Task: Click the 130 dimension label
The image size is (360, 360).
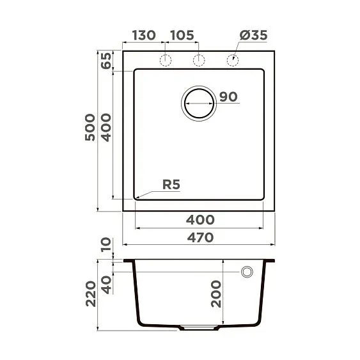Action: click(x=143, y=35)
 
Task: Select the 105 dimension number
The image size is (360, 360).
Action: click(x=182, y=35)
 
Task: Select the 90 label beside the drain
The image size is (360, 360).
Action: click(x=228, y=97)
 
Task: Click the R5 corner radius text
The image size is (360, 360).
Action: click(x=171, y=185)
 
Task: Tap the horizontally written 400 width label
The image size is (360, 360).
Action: click(x=200, y=219)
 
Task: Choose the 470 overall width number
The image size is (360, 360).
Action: click(x=200, y=237)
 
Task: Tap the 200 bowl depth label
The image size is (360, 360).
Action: click(x=217, y=293)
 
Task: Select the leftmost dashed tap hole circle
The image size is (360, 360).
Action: click(x=166, y=60)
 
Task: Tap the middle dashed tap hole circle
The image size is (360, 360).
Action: click(x=200, y=60)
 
